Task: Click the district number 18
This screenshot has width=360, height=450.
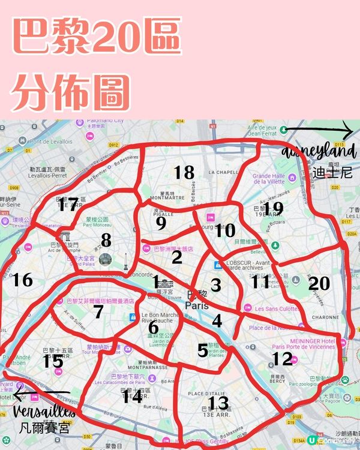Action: click(x=184, y=173)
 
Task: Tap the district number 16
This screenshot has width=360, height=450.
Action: click(x=22, y=280)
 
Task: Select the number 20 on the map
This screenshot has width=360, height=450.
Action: click(x=319, y=283)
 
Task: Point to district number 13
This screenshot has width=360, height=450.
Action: click(x=218, y=403)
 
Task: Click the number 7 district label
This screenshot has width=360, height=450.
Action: click(x=98, y=311)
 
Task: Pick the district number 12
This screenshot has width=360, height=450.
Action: click(x=281, y=359)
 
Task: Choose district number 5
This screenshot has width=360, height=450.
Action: click(x=203, y=349)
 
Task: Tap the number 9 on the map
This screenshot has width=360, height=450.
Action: click(x=160, y=223)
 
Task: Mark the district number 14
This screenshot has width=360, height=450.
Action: click(x=132, y=396)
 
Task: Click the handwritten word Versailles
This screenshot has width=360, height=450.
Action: click(x=41, y=413)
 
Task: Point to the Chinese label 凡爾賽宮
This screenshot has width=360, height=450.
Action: click(x=44, y=428)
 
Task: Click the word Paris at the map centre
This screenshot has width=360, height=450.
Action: click(x=198, y=305)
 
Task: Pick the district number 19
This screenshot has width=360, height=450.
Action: click(x=274, y=208)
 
